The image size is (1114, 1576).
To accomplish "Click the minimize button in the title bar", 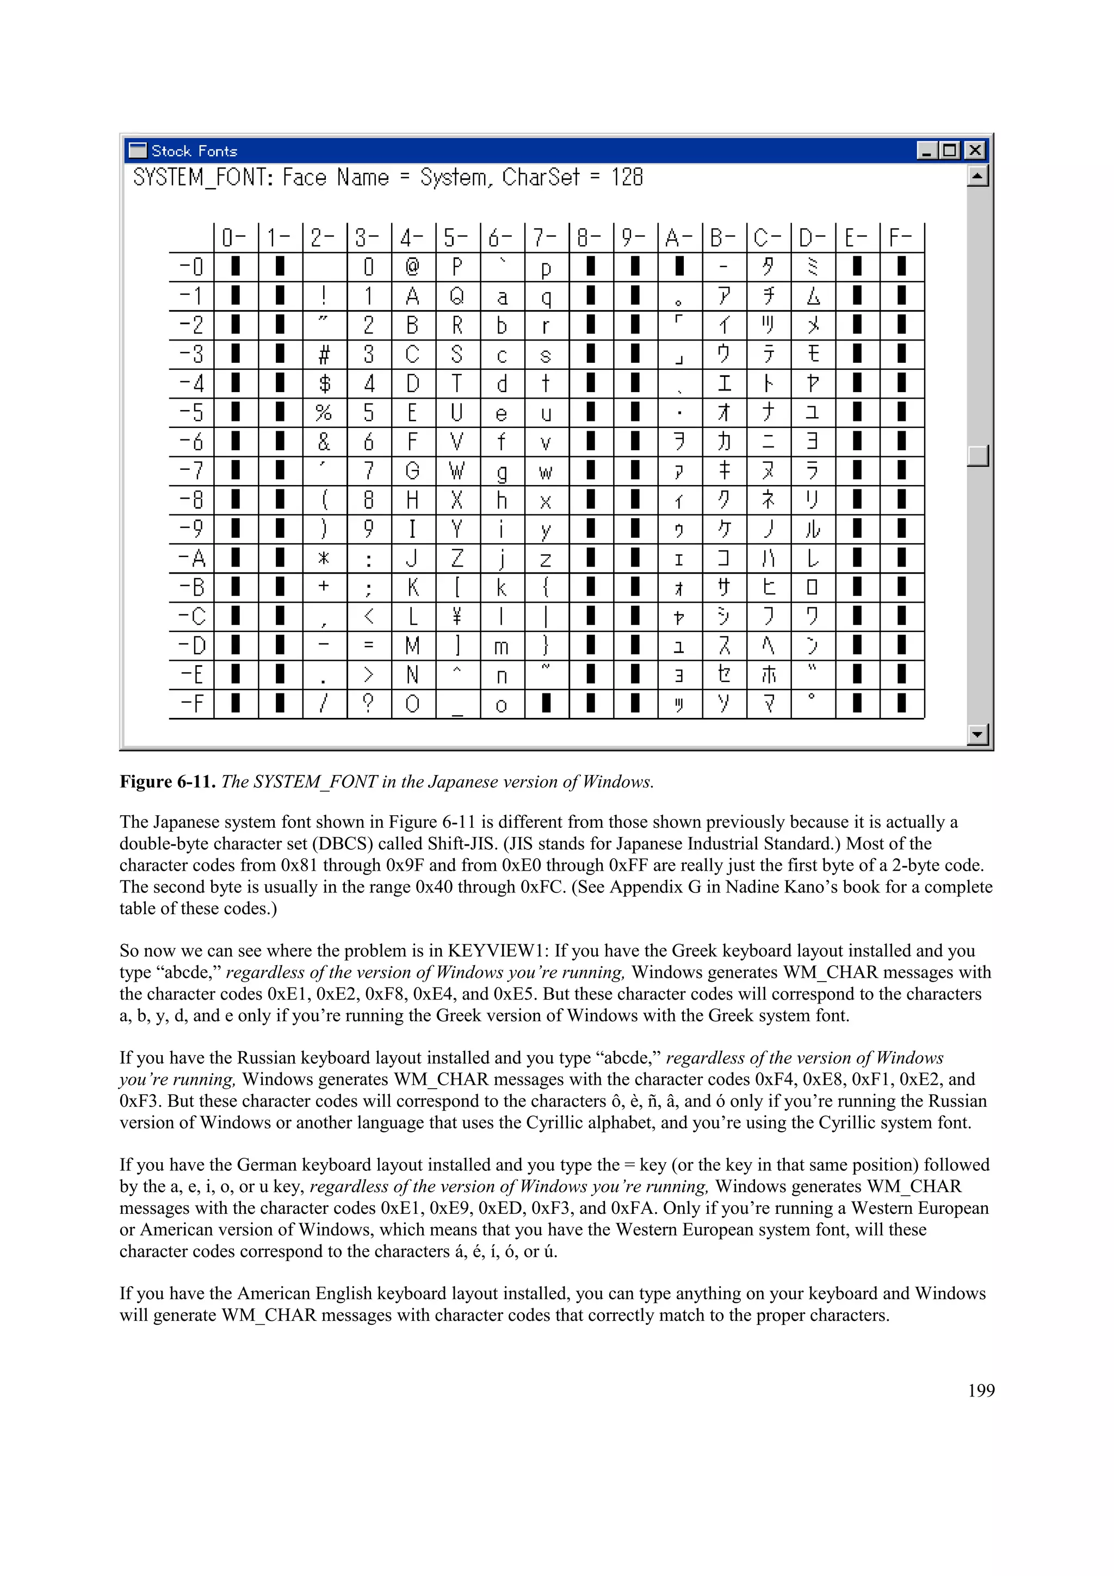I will (927, 150).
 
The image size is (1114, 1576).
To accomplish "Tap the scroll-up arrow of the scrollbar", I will (977, 176).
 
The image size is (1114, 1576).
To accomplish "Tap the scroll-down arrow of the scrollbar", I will (977, 735).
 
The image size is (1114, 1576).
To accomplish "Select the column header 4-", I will (412, 238).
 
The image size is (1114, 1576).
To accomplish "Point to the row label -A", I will (192, 558).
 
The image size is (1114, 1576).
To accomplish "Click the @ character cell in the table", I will (412, 266).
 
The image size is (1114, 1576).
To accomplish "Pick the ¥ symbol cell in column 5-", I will (457, 616).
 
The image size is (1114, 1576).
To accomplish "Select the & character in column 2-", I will (324, 442).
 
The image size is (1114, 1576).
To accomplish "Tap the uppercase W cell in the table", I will (457, 471).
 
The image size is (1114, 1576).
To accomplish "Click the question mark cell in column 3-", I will (369, 704).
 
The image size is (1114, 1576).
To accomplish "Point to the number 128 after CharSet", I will (627, 178).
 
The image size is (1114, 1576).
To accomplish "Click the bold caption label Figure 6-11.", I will (168, 782).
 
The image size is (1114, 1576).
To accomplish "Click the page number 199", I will (981, 1390).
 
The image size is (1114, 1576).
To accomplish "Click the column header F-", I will (901, 238).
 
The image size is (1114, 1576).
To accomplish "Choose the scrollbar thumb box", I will (977, 455).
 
